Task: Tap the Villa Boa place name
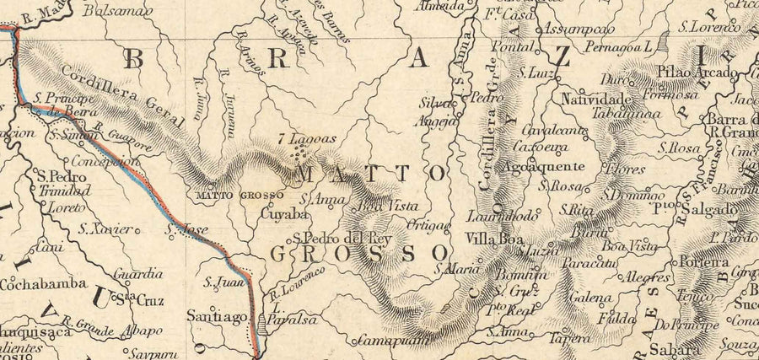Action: (491, 239)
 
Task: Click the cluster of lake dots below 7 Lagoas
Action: (297, 153)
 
